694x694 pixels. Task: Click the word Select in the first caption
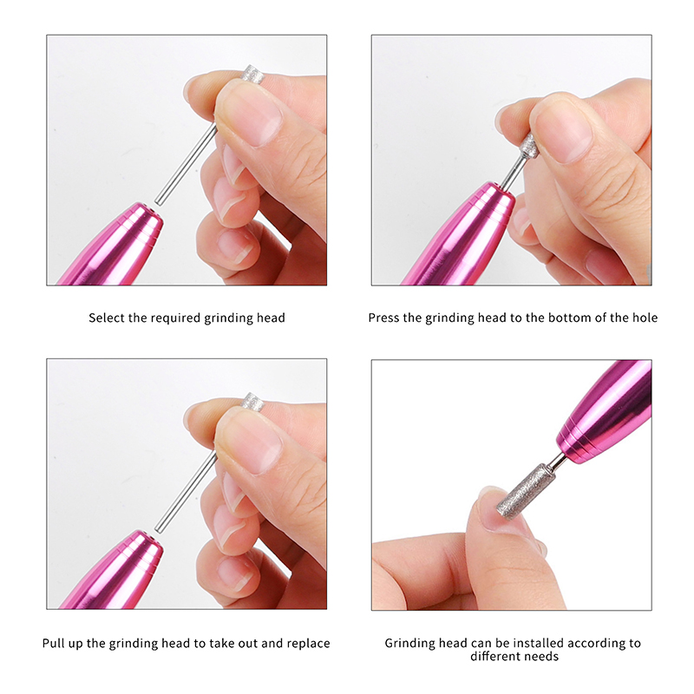pyautogui.click(x=107, y=318)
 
